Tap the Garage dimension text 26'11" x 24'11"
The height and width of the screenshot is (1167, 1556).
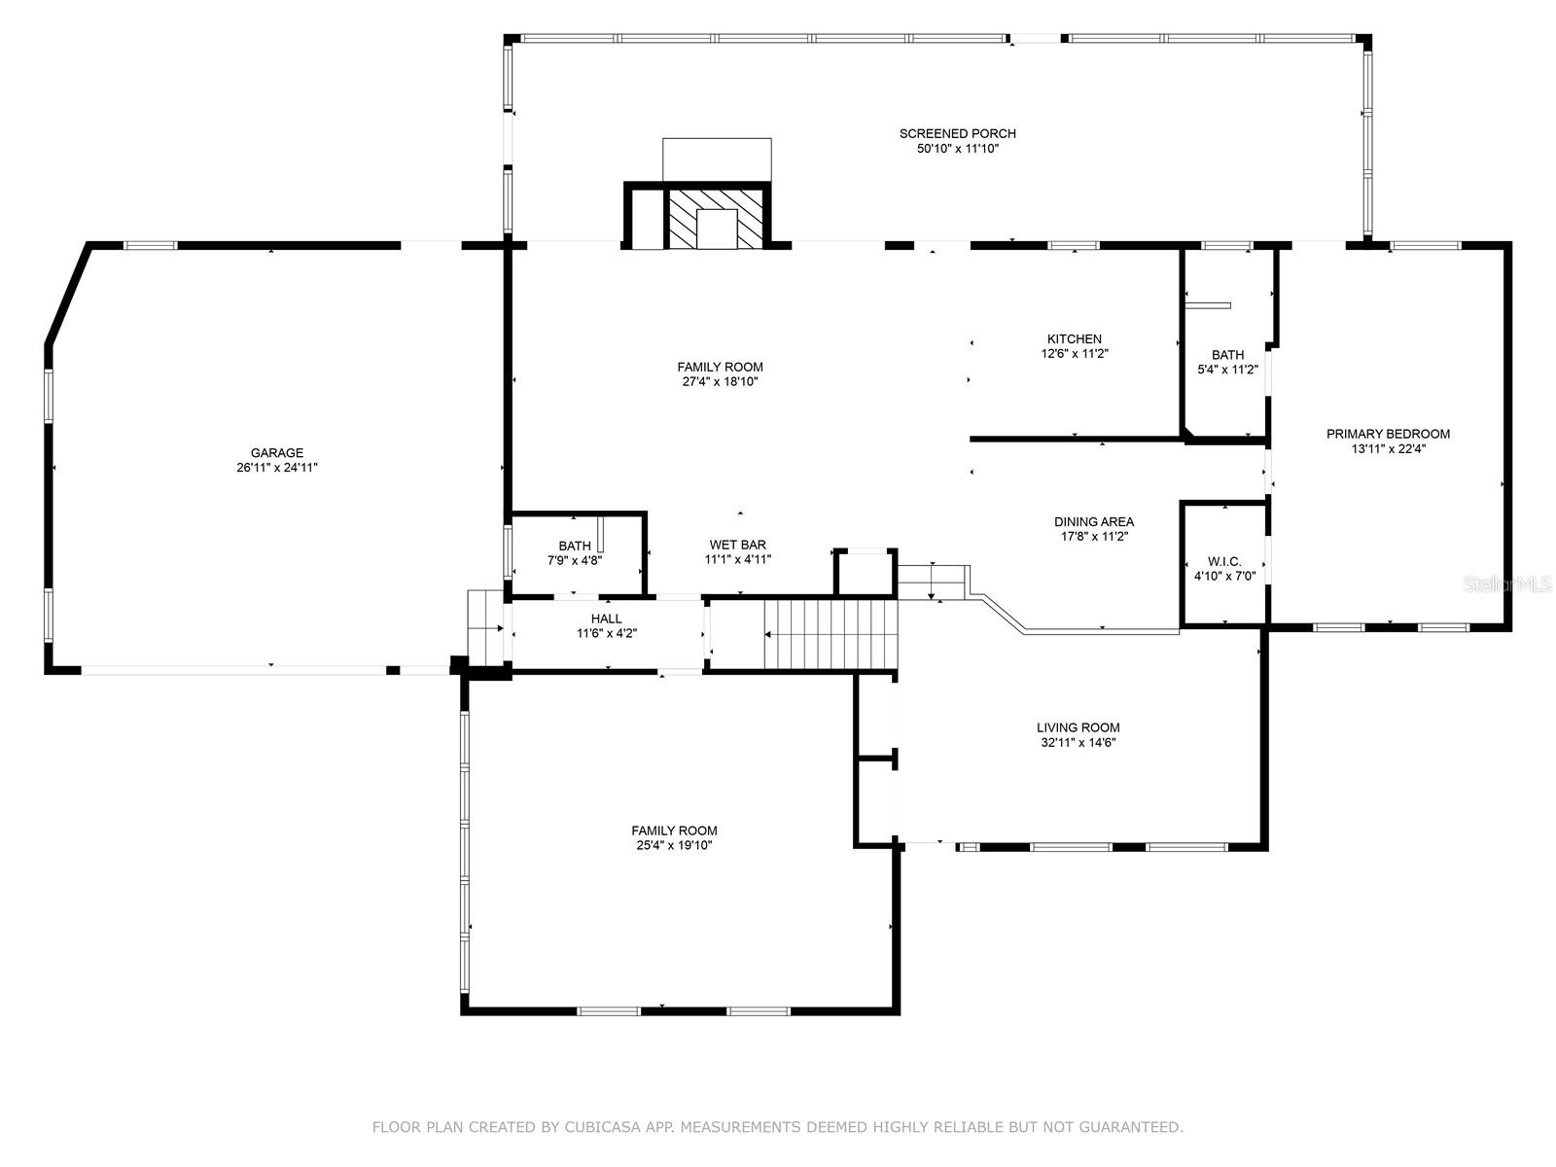(277, 468)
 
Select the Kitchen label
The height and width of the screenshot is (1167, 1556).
(1074, 338)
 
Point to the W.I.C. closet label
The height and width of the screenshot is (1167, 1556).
(1224, 561)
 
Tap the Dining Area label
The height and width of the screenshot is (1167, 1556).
(1094, 521)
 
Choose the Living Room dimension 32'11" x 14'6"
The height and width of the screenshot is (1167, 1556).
(1078, 743)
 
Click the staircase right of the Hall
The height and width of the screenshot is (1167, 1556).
(827, 635)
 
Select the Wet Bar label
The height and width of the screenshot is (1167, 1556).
(737, 545)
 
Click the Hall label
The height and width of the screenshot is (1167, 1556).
(606, 619)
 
